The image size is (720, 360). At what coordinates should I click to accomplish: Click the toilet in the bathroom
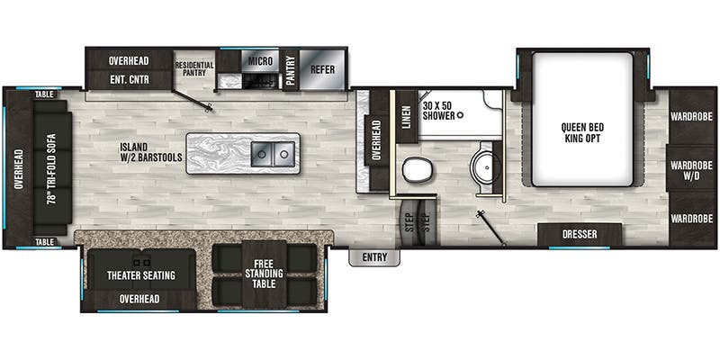tap(415, 169)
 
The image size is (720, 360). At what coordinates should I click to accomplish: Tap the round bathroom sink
tap(486, 166)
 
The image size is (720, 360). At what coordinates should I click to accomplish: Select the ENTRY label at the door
tap(374, 257)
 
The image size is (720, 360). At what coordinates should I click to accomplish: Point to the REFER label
tap(322, 69)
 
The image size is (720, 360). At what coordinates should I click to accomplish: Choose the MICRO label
tap(260, 61)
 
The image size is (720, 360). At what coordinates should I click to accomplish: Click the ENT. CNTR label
tap(129, 79)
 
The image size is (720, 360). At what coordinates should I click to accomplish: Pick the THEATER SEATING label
tap(140, 274)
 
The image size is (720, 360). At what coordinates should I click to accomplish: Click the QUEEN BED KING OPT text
tap(582, 132)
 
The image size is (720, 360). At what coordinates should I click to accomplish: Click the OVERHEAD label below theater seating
tap(139, 299)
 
